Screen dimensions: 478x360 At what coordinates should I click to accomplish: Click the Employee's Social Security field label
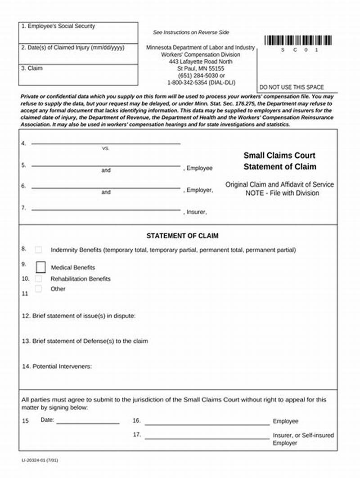point(58,27)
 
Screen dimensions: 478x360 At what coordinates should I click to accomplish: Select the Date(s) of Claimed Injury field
point(78,54)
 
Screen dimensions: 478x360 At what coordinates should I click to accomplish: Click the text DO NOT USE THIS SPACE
point(292,87)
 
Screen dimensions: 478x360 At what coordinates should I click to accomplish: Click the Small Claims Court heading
point(279,156)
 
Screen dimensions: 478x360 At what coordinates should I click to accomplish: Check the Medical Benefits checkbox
point(41,267)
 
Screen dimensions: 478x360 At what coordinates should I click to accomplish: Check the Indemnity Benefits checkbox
point(39,250)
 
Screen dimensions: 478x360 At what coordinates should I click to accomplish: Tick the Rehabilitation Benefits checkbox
point(39,279)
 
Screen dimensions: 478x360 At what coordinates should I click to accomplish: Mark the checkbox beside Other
point(39,289)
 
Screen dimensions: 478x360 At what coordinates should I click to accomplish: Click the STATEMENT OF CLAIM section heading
point(182,236)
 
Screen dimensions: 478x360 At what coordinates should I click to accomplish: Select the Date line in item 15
point(88,423)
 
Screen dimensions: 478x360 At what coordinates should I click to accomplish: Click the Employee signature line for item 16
point(207,424)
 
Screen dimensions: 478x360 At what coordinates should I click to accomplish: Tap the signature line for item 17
point(207,438)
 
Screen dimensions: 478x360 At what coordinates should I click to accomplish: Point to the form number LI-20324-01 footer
point(40,461)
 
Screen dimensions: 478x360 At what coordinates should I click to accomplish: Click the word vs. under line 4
point(106,148)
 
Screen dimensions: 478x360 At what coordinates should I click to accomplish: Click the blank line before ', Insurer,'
point(106,210)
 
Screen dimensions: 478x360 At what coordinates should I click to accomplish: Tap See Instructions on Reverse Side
point(191,32)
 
